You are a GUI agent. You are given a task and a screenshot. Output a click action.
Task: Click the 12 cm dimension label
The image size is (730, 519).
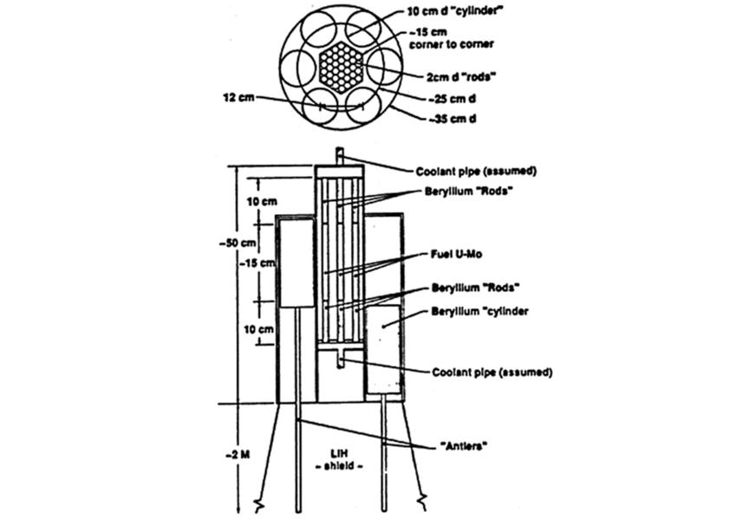[x=238, y=97]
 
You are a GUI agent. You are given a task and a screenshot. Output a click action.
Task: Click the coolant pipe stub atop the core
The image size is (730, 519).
[x=340, y=156]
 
